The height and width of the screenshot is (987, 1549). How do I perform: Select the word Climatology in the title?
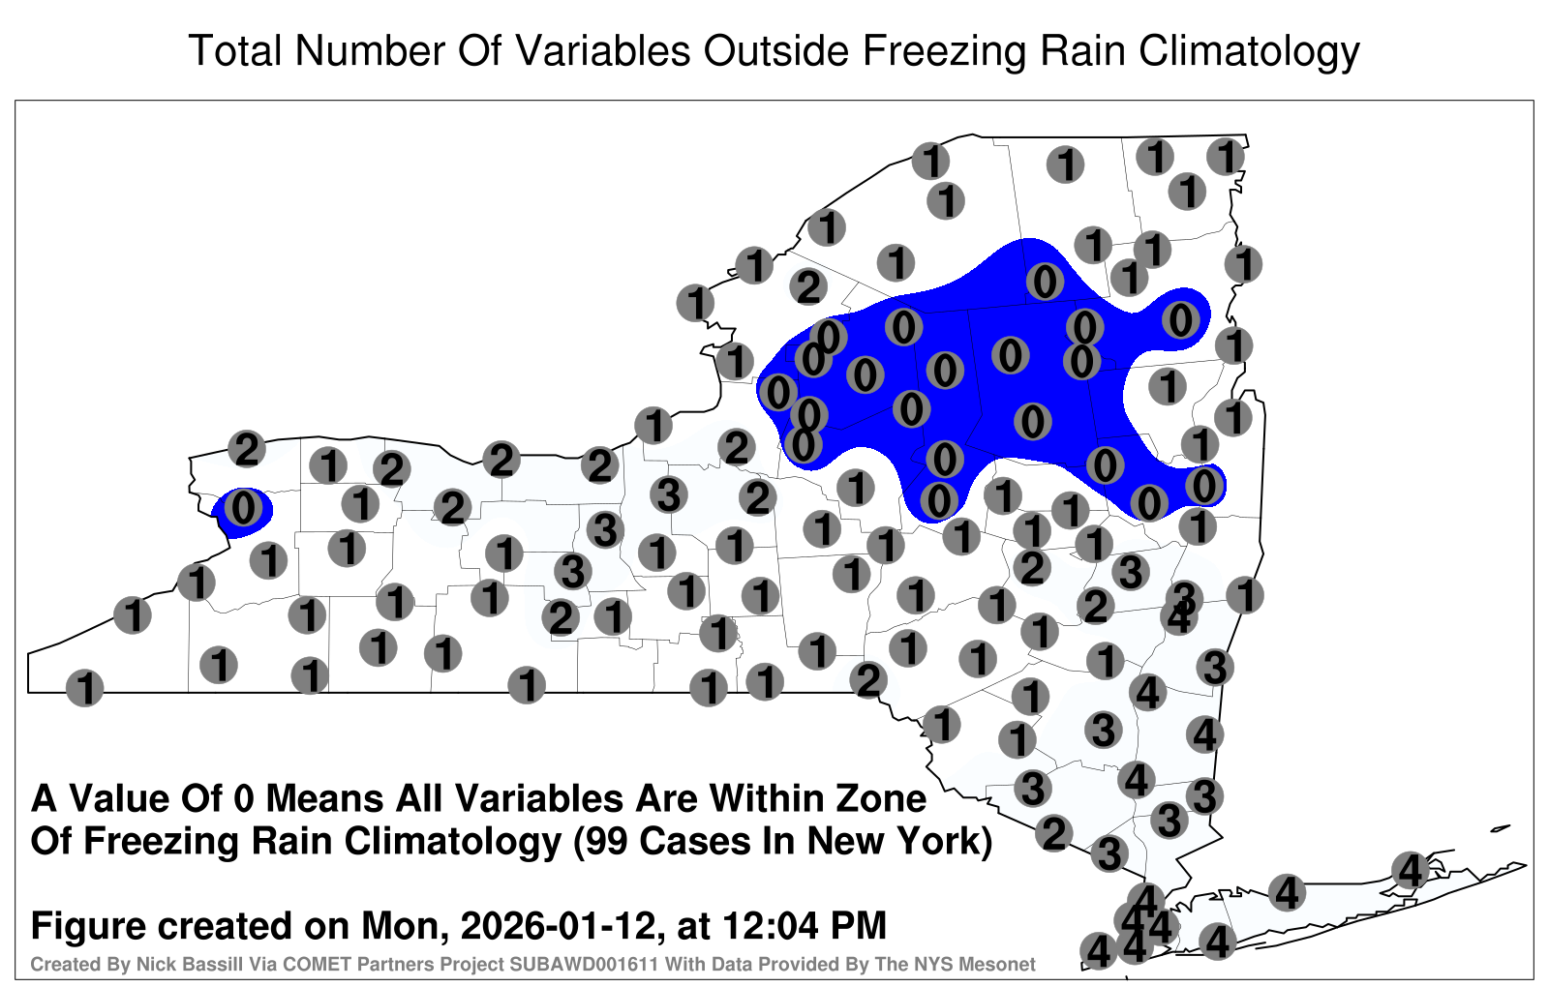1249,52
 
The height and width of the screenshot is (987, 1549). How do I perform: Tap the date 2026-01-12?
557,926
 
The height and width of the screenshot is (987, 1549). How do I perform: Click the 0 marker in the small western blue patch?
243,508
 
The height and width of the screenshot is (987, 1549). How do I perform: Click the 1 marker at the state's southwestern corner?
84,688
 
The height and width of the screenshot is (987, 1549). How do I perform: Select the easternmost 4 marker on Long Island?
1410,870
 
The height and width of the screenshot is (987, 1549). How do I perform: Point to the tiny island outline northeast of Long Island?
1500,828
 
